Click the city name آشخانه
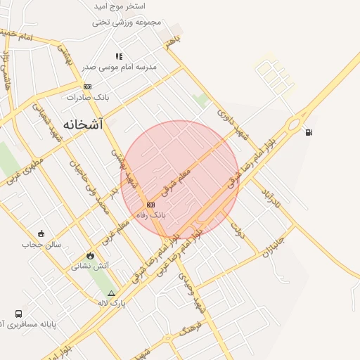(83, 124)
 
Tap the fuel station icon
(309, 132)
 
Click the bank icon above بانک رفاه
(150, 205)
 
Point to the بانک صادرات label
(89, 97)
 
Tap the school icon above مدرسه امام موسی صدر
(119, 56)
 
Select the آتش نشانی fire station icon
(90, 255)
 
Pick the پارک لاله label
(111, 303)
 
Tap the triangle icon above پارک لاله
(111, 292)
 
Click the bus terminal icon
(18, 314)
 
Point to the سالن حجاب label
(41, 245)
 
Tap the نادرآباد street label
(271, 198)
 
